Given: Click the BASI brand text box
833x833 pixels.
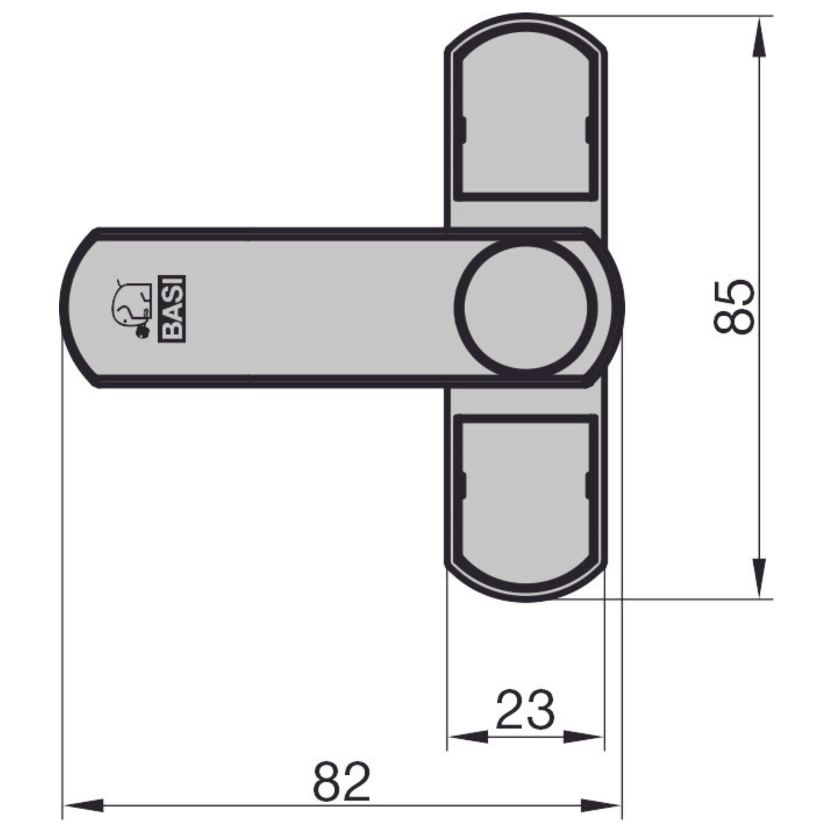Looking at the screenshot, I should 173,309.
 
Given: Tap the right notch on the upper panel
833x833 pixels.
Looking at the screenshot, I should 588,130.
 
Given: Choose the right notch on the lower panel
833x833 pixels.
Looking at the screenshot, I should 588,485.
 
